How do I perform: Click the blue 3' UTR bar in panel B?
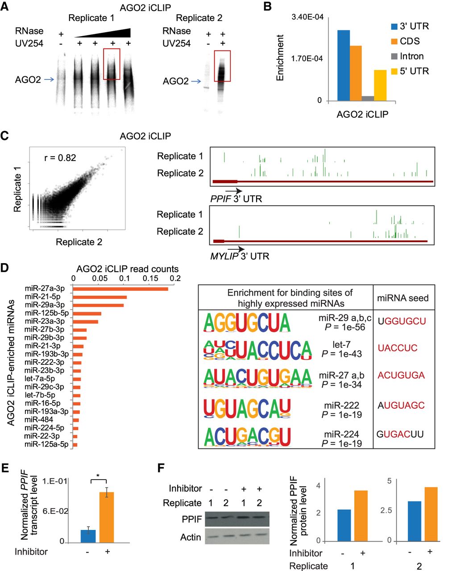[344, 66]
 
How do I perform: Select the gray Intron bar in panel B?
[368, 98]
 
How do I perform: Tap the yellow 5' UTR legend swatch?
[394, 71]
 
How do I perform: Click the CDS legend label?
[410, 41]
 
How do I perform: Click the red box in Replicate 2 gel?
[222, 66]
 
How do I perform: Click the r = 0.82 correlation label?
[60, 158]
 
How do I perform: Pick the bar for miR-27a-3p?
[120, 289]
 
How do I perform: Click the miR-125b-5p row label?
[45, 313]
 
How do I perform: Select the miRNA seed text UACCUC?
[398, 348]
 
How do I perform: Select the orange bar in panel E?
[106, 517]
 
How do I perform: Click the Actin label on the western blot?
[191, 537]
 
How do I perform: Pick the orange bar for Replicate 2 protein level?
[428, 514]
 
